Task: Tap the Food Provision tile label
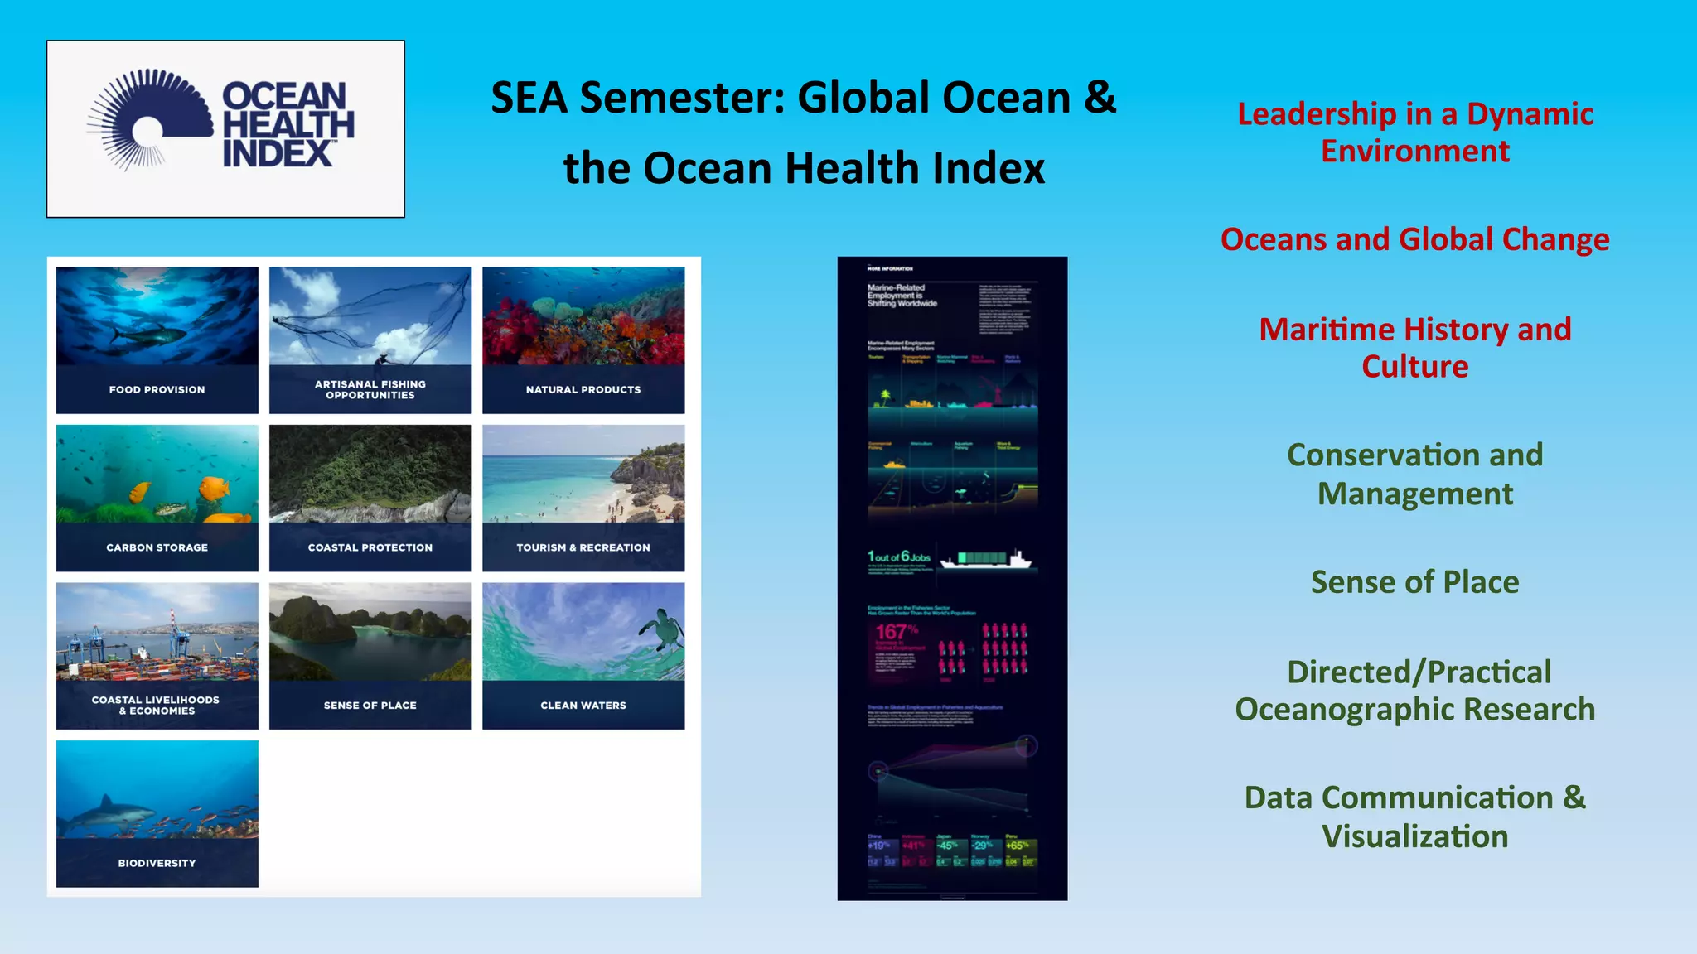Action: point(157,389)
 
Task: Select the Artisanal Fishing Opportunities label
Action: point(370,389)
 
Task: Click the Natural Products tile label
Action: point(583,389)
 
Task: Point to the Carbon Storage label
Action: point(157,547)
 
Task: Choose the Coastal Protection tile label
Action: point(370,547)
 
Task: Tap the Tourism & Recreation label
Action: point(583,547)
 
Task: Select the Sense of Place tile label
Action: point(370,706)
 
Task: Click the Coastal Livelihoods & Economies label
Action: point(156,705)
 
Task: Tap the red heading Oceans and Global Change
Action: point(1414,239)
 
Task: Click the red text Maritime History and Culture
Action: point(1414,348)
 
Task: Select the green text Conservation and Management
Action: point(1414,474)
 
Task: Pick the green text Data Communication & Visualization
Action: point(1414,817)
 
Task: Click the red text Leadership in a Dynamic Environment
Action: point(1414,132)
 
